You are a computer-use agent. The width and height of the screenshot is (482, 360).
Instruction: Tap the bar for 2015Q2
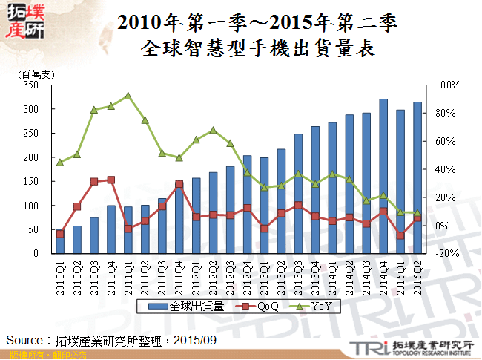point(417,178)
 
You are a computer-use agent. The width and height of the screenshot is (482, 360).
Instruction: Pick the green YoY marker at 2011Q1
point(128,96)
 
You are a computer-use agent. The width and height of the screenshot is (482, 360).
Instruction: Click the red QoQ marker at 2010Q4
point(111,180)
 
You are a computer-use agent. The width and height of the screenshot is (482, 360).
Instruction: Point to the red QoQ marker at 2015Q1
point(400,235)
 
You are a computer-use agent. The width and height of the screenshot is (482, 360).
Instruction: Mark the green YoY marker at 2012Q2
point(213,131)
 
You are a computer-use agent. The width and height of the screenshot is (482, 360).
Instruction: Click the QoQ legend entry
point(263,306)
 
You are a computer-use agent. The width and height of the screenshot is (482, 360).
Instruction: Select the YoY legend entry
point(317,306)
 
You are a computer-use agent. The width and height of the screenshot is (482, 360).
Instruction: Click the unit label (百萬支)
point(35,74)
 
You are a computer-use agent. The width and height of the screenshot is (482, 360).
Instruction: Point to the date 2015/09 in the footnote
point(197,339)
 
